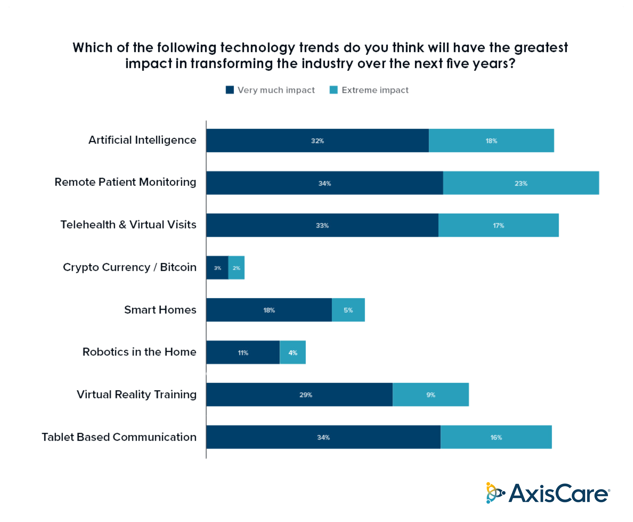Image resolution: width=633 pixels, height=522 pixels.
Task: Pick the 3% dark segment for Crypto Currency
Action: [x=217, y=268]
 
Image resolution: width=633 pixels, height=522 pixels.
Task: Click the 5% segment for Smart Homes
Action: [x=348, y=310]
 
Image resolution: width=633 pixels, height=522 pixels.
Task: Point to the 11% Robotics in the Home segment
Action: [x=243, y=352]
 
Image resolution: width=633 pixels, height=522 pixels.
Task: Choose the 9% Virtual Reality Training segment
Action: [x=430, y=395]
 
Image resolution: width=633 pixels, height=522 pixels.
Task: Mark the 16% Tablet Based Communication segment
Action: [x=496, y=437]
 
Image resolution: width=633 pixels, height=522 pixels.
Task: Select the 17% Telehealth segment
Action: [x=498, y=225]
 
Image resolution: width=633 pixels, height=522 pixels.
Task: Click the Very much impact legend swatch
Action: [x=230, y=90]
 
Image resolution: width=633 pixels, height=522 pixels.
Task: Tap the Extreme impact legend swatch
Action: [x=333, y=90]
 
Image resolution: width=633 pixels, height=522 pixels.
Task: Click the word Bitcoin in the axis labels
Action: [x=178, y=267]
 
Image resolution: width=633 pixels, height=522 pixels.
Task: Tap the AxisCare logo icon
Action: [x=494, y=493]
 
